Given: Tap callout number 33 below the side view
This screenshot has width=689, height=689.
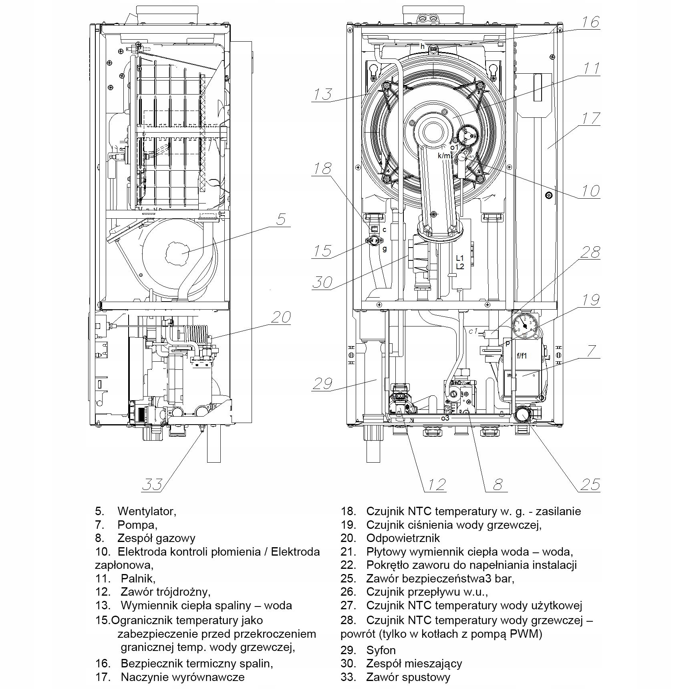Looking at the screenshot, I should pos(153,484).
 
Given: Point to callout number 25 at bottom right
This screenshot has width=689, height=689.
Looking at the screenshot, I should pos(590,484).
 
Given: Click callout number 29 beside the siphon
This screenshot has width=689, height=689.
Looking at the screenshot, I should pos(322,383).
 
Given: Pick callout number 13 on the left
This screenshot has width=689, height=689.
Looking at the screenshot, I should pos(322,95).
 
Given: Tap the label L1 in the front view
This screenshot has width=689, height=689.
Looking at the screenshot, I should pos(459,259).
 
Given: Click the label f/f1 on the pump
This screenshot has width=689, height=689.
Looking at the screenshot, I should pos(522,355).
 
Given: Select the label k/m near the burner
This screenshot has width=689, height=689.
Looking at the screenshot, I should pos(444,155).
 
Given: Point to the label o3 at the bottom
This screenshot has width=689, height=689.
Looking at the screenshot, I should pos(445,418).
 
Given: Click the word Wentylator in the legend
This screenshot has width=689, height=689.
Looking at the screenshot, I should pos(147,511).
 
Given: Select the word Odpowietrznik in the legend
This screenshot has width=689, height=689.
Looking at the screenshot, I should pos(403,538).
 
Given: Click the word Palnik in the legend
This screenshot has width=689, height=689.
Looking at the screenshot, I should pos(138,578).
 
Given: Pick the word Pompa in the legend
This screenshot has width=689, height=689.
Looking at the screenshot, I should pos(137,524).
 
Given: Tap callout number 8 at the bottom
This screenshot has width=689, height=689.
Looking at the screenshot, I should pos(497,484).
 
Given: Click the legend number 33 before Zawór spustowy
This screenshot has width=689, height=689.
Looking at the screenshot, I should pos(348,677).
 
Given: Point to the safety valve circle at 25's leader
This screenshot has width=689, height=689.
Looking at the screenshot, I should pos(522,414).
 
